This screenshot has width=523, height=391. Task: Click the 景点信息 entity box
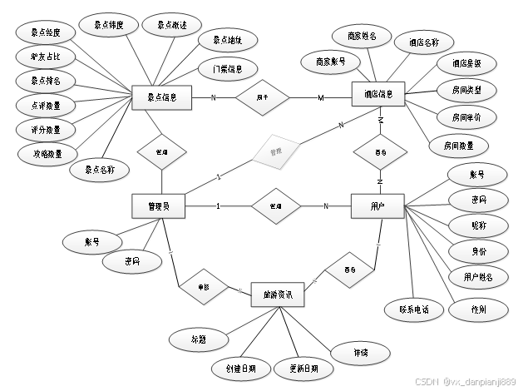tap(162, 97)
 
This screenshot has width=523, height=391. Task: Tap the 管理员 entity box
tap(158, 206)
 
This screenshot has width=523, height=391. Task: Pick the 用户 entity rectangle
tap(377, 206)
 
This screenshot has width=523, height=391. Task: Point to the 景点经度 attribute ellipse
tap(45, 34)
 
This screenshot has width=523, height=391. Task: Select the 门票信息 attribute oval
tap(221, 68)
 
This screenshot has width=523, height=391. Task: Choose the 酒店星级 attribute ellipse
tap(466, 62)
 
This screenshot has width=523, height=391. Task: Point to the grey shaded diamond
tap(276, 152)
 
